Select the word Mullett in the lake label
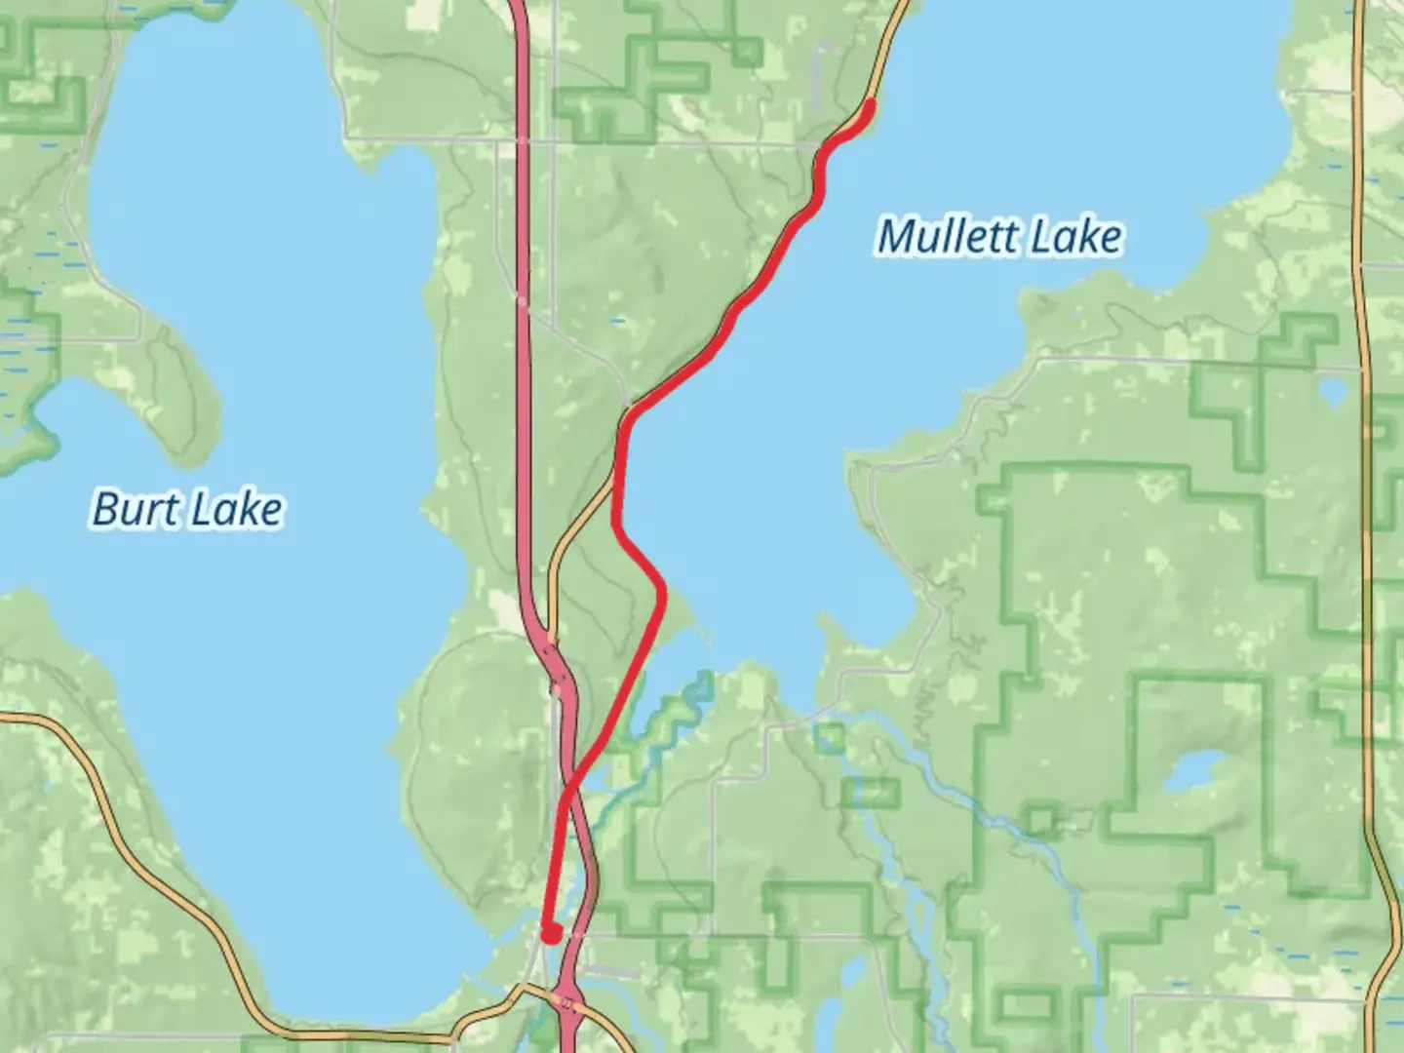(945, 237)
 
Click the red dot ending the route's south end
(551, 934)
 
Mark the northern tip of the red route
(870, 102)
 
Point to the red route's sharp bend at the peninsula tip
(663, 587)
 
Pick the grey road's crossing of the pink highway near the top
(522, 142)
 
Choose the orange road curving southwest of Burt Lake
(146, 838)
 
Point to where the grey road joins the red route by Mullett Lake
(632, 404)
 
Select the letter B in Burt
(104, 509)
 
